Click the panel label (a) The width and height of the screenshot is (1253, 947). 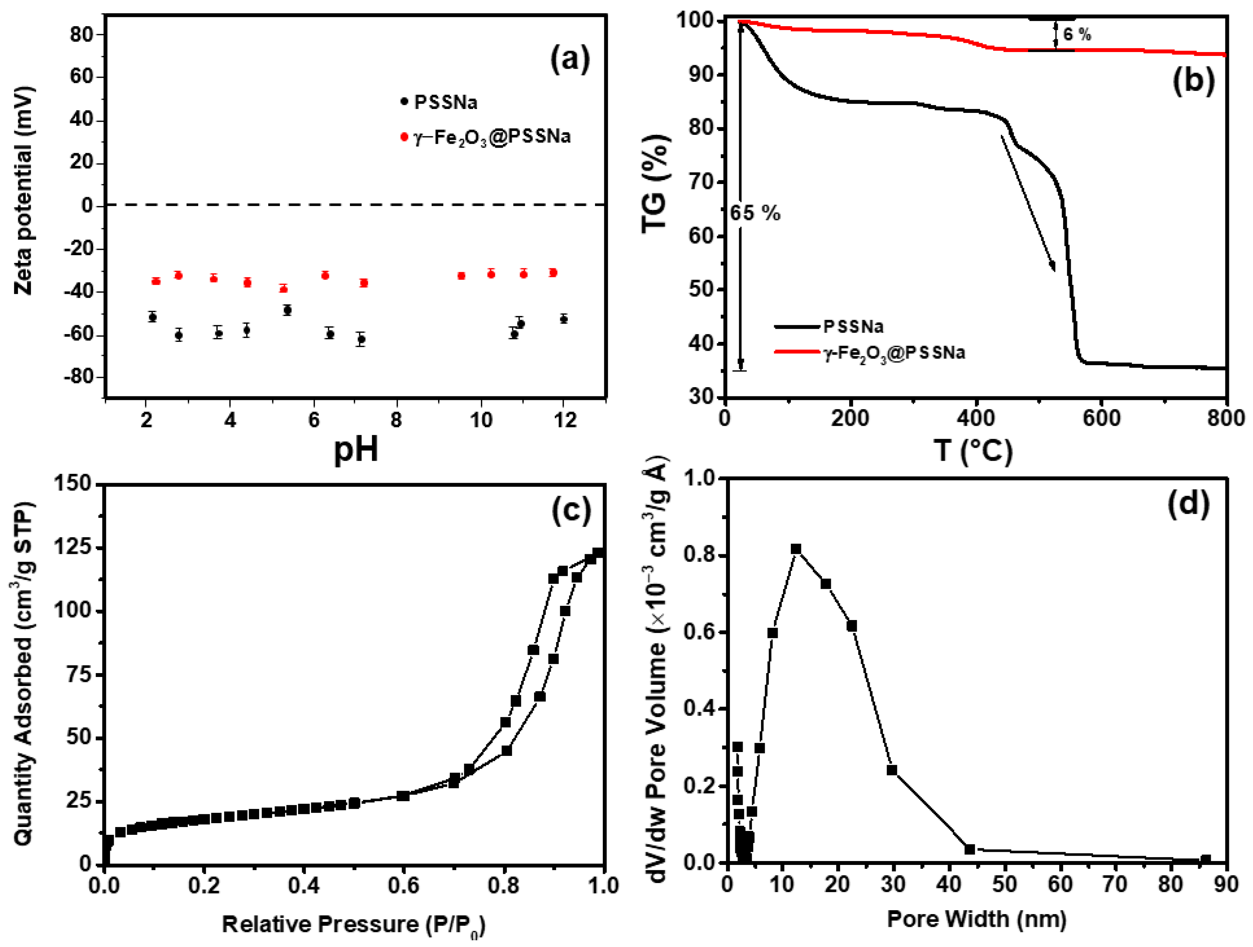click(570, 59)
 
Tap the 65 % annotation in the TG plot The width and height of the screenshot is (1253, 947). click(755, 213)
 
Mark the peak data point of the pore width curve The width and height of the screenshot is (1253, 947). click(796, 549)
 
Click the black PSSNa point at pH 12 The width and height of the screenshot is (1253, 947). click(563, 319)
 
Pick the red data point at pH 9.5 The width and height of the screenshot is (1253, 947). click(461, 276)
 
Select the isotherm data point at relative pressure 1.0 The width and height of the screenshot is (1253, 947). click(598, 552)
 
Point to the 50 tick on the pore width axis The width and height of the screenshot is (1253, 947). click(1004, 884)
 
